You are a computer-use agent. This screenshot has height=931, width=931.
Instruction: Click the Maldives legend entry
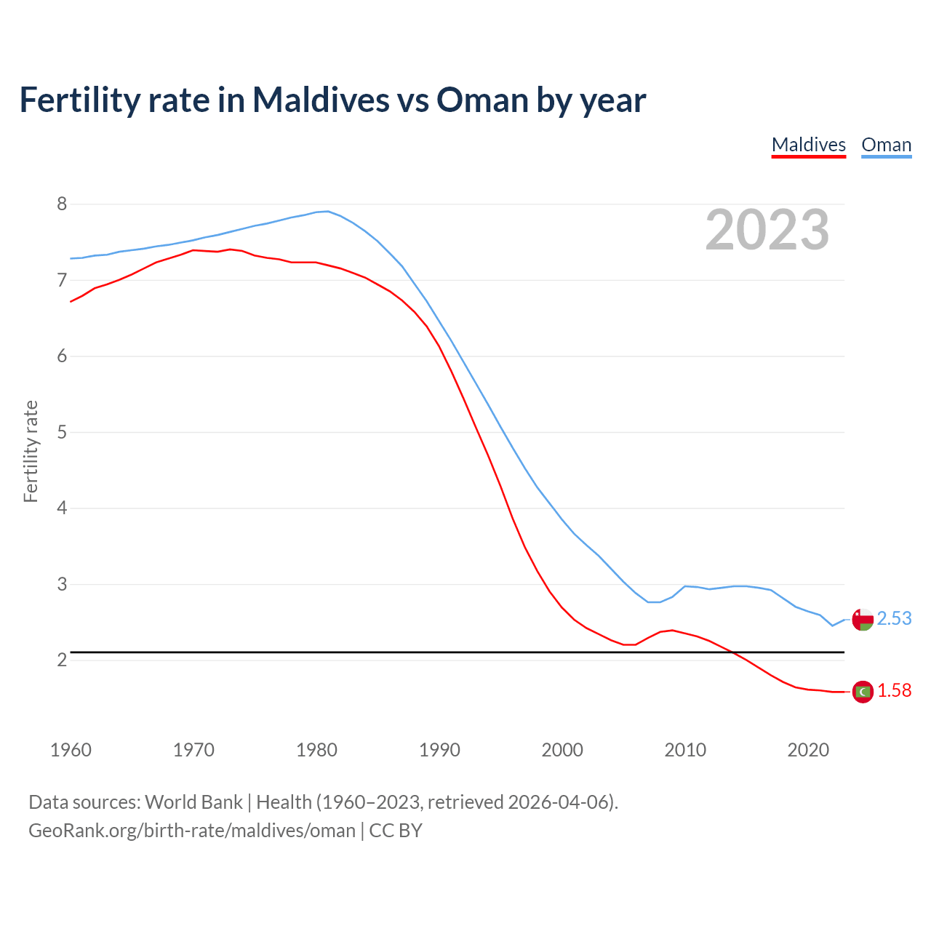coord(808,145)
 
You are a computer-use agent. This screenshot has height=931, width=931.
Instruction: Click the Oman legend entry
coord(886,145)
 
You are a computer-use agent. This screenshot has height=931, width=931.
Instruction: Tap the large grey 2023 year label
coord(767,230)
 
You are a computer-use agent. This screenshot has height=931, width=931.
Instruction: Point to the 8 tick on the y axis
coord(62,204)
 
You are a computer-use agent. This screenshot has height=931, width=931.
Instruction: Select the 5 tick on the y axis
coord(62,433)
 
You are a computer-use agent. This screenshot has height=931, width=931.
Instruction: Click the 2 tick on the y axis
coord(62,660)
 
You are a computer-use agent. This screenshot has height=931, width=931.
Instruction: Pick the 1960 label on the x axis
coord(71,750)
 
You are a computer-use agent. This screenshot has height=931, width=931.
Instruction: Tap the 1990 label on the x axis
coord(439,750)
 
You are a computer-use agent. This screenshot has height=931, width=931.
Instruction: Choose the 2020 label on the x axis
coord(808,750)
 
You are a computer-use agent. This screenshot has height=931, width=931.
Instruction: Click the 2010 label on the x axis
coord(685,750)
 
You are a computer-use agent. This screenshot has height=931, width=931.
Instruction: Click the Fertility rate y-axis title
coord(31,451)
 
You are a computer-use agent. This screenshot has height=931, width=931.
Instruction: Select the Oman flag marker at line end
coord(863,620)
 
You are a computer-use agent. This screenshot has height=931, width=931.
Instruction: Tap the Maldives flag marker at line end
coord(863,692)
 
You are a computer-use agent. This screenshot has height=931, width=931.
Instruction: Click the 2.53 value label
coord(894,618)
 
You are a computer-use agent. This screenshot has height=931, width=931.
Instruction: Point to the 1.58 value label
coord(894,691)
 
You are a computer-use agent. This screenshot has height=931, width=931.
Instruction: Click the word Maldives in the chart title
coord(321,100)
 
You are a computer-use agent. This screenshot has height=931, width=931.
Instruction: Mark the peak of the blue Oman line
coord(327,212)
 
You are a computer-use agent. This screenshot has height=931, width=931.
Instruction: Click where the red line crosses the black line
coord(731,652)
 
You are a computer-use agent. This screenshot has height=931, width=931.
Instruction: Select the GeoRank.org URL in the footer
coord(192,831)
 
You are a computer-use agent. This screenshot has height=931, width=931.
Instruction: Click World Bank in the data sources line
coord(193,802)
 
